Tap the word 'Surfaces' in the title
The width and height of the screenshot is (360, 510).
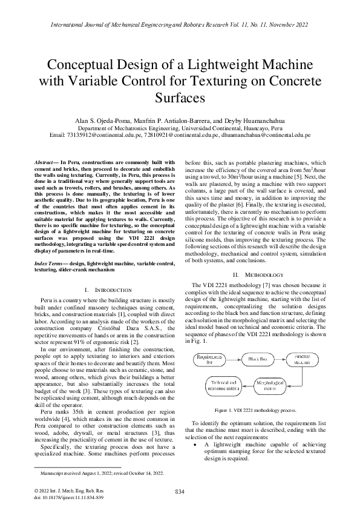click(180, 97)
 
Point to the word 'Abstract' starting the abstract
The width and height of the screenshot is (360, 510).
click(46, 162)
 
